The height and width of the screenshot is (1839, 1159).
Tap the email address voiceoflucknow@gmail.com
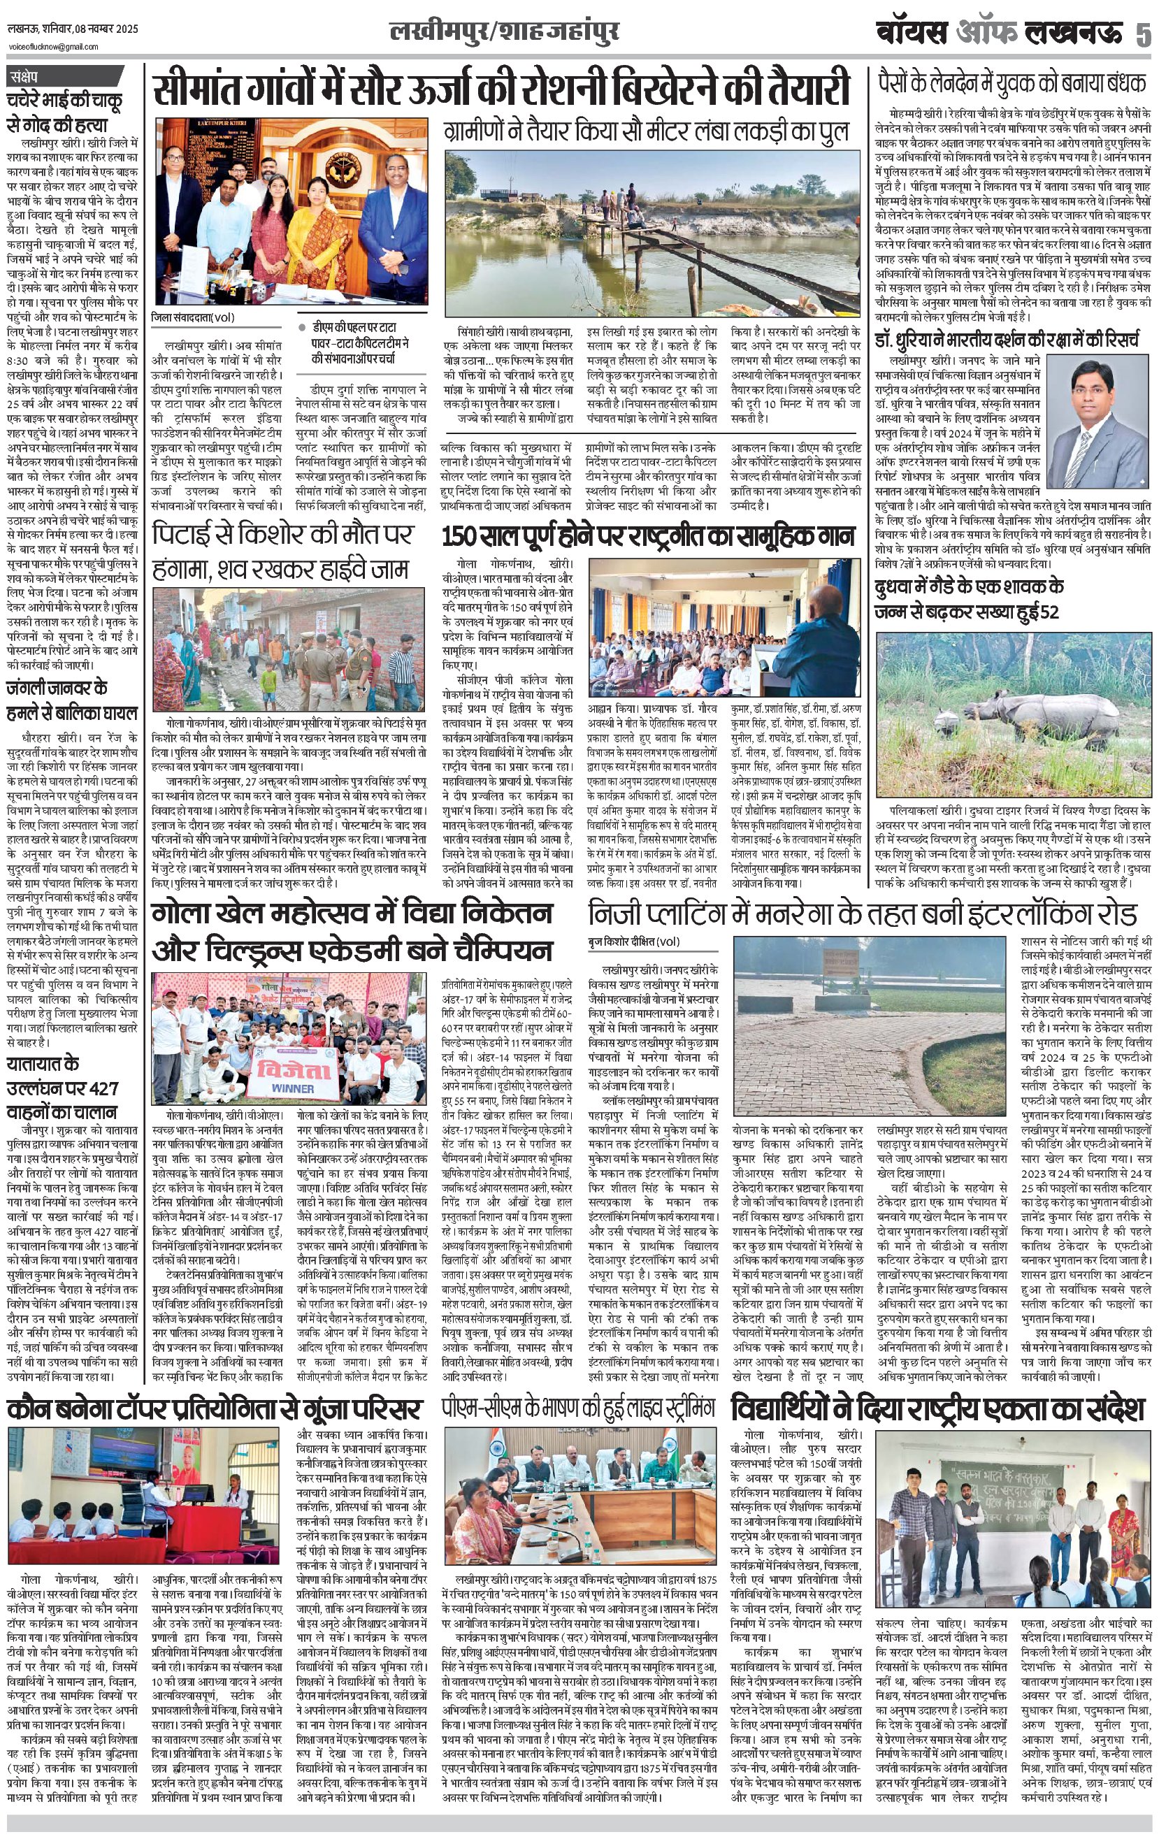[54, 47]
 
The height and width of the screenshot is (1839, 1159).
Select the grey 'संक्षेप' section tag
[31, 76]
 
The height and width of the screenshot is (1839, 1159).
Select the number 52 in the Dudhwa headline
[1046, 610]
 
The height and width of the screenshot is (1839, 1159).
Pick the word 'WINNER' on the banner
[293, 1088]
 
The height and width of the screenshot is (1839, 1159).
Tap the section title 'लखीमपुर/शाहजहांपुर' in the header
[504, 33]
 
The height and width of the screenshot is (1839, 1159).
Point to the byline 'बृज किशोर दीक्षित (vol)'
[634, 941]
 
